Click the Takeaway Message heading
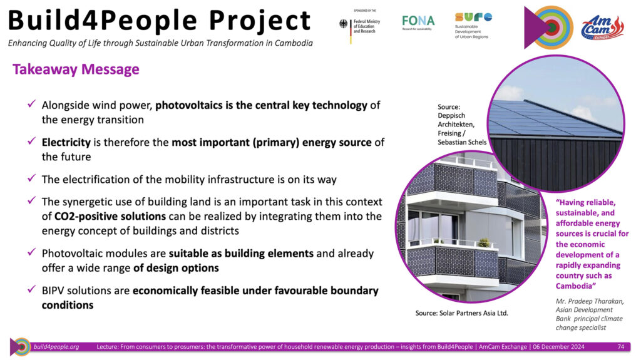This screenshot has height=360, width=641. [76, 69]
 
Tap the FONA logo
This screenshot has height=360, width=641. [418, 22]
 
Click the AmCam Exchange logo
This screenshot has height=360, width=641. [602, 28]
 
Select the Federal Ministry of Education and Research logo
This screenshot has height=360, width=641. [360, 26]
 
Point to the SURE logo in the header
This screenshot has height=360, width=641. [473, 26]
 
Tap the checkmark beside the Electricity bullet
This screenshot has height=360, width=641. [31, 141]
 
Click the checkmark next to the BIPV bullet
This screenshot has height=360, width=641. [31, 289]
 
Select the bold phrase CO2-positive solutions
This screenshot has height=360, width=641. [110, 216]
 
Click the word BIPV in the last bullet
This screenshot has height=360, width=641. [53, 291]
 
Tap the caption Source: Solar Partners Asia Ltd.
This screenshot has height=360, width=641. [461, 313]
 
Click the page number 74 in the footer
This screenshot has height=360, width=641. [620, 346]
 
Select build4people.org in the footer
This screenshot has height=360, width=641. [56, 346]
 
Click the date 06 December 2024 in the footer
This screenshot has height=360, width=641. [558, 346]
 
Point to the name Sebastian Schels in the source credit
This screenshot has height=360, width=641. [462, 142]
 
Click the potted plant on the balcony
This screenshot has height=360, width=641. [484, 242]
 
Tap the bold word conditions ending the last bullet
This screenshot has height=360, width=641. [68, 305]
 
